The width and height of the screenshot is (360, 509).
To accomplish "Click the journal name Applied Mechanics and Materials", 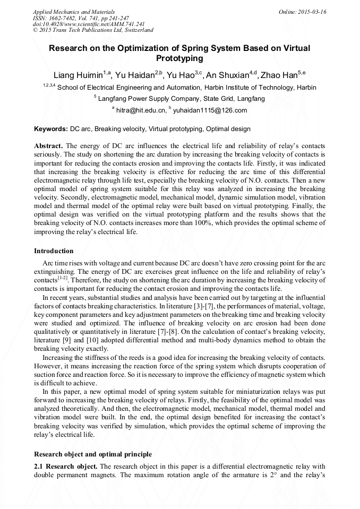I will (x=74, y=11).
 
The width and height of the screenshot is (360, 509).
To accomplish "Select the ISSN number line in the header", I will (x=83, y=18).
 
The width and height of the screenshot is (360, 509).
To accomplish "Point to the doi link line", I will (x=89, y=24).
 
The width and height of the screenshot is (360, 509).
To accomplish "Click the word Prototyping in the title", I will (x=179, y=58).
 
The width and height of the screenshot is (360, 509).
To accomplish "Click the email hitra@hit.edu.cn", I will (x=141, y=110).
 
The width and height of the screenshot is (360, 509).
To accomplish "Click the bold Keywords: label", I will (x=51, y=129).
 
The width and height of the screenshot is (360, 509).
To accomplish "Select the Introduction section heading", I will (x=54, y=251).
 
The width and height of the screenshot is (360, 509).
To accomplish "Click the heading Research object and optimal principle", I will (x=93, y=454).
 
